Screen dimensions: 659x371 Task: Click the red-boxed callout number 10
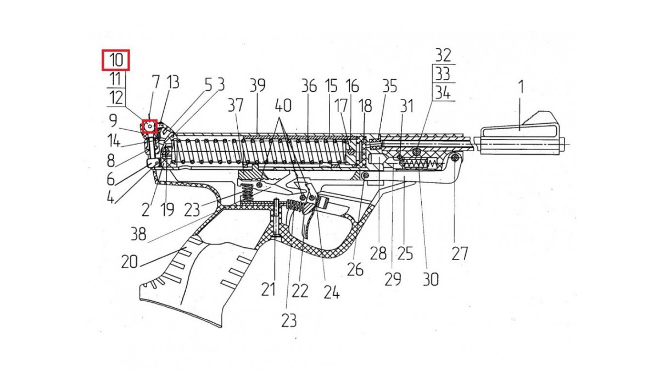point(116,60)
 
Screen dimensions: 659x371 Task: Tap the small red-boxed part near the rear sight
point(150,126)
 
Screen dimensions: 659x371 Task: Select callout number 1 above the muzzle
point(521,87)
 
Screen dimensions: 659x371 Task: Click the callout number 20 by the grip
point(130,262)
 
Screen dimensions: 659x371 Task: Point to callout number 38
point(138,234)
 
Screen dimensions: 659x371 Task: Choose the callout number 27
point(460,253)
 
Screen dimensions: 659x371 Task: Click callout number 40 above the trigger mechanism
point(283,106)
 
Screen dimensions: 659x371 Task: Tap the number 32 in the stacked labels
point(443,56)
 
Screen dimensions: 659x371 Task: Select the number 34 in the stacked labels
point(443,93)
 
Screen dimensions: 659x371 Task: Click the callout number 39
point(258,85)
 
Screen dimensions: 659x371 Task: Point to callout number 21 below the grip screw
point(269,290)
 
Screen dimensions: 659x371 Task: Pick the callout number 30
point(431,279)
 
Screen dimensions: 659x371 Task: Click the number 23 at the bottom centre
point(289,320)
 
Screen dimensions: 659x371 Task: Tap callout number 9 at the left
point(113,120)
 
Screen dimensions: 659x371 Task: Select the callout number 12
point(116,98)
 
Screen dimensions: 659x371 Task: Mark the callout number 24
point(332,292)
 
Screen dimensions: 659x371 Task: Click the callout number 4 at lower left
point(110,198)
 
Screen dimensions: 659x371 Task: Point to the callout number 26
point(355,269)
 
